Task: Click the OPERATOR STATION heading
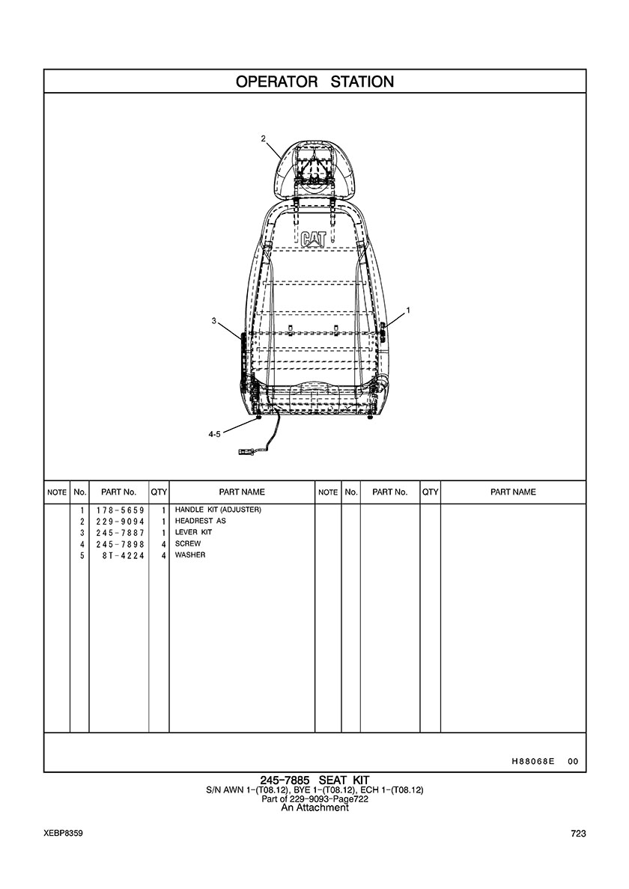pyautogui.click(x=314, y=82)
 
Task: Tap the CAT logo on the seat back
pyautogui.click(x=314, y=239)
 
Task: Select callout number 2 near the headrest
pyautogui.click(x=263, y=138)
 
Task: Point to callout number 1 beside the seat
pyautogui.click(x=408, y=310)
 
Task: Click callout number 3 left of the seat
pyautogui.click(x=214, y=321)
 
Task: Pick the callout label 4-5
pyautogui.click(x=214, y=434)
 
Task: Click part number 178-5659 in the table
pyautogui.click(x=121, y=510)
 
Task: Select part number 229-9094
pyautogui.click(x=121, y=522)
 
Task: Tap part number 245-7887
pyautogui.click(x=121, y=533)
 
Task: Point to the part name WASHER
pyautogui.click(x=190, y=555)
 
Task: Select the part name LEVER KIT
pyautogui.click(x=193, y=532)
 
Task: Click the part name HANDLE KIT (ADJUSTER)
pyautogui.click(x=218, y=510)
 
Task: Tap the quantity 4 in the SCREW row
pyautogui.click(x=163, y=544)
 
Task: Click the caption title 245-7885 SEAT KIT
pyautogui.click(x=314, y=781)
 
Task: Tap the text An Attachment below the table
pyautogui.click(x=314, y=808)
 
